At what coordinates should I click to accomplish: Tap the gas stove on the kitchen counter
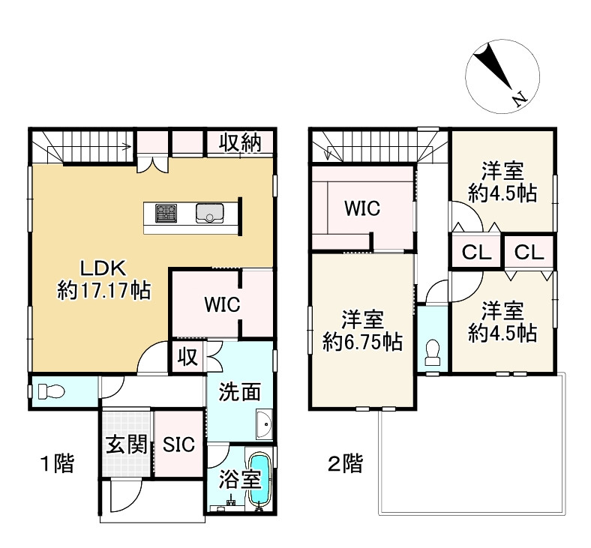pos(166,213)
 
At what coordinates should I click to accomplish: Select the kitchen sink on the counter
pos(210,213)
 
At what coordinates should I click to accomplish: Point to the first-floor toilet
pos(51,392)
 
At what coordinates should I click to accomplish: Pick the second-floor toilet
pos(432,352)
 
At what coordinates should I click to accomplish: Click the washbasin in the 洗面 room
pos(265,424)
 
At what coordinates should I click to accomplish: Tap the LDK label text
pos(103,268)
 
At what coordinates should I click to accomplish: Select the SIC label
pos(178,445)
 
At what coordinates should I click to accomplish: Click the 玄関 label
pos(126,445)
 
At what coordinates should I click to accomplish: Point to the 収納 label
pos(241,142)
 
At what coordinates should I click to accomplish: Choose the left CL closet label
pos(477,252)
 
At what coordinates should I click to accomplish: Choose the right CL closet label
pos(529,252)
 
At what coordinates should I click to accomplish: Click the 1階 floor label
pos(57,463)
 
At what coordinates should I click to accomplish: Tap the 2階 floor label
pos(345,463)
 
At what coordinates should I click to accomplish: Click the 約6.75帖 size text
pos(362,342)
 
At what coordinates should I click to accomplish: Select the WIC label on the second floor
pos(362,208)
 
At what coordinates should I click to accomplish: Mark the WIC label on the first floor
pos(222,304)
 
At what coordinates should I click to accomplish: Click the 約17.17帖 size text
pos(104,291)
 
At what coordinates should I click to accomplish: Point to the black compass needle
pos(493,67)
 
